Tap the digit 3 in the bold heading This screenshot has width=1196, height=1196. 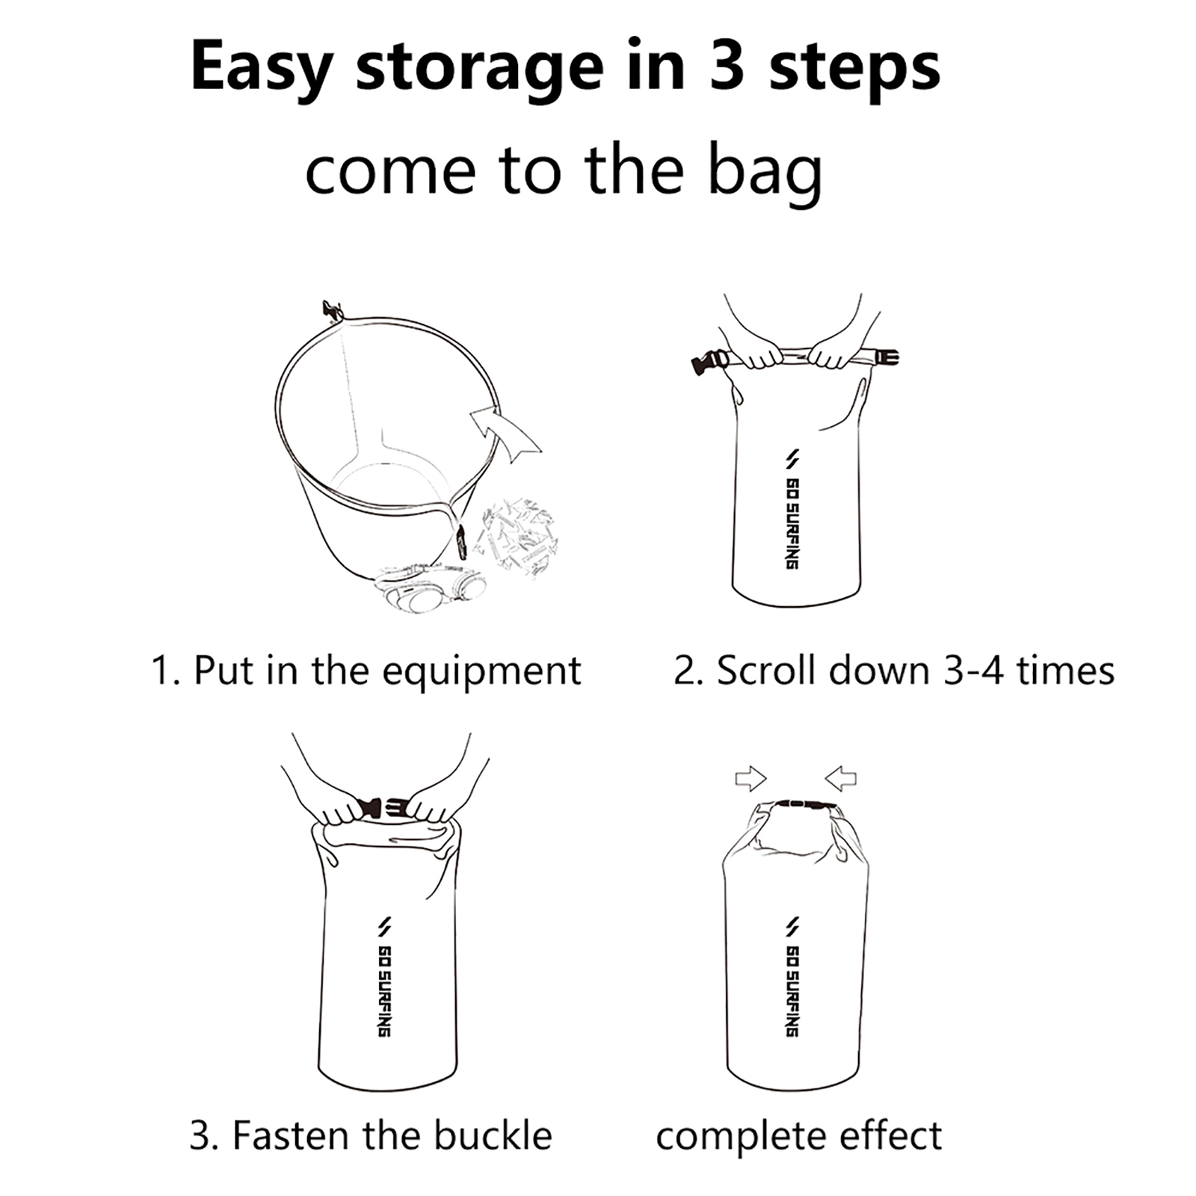point(723,66)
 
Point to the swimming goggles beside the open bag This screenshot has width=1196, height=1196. point(431,582)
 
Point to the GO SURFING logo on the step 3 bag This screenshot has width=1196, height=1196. point(383,976)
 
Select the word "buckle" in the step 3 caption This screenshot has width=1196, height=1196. point(493,1135)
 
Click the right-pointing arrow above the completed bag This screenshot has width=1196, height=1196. point(750,779)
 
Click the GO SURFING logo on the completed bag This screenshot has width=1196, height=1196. point(792,976)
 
